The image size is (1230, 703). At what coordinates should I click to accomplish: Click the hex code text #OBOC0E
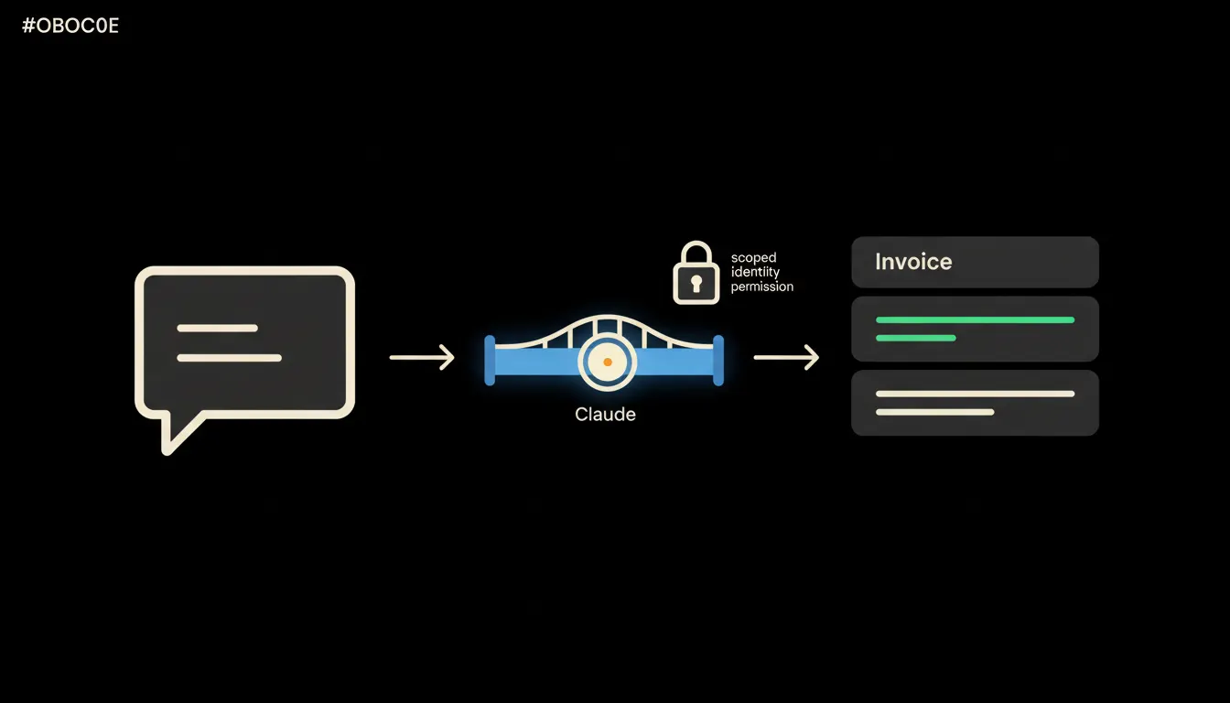pos(70,26)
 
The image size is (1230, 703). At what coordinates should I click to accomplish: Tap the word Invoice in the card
pos(913,262)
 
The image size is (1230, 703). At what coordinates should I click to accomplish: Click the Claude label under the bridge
pos(605,414)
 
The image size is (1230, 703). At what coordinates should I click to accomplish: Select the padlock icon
pos(696,273)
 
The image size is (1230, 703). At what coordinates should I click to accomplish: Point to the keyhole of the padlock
pos(696,284)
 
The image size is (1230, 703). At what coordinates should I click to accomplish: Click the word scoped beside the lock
pos(753,258)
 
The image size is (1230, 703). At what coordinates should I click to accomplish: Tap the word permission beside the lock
pos(761,287)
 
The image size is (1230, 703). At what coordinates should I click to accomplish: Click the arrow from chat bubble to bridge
pos(422,357)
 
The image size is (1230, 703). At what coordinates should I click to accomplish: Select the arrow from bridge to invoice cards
pos(786,357)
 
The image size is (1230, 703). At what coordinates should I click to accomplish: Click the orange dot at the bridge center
pos(608,362)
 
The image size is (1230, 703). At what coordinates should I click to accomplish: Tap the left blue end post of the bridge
pos(490,361)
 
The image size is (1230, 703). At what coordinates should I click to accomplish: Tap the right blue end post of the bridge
pos(718,361)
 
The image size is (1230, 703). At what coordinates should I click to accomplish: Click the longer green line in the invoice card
pos(976,320)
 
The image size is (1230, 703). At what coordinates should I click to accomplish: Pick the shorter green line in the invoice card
pos(916,339)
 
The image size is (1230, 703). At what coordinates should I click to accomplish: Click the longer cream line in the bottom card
pos(976,394)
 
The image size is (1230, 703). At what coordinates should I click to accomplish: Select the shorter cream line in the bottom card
pos(935,412)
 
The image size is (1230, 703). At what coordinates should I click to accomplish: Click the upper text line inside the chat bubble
pos(218,329)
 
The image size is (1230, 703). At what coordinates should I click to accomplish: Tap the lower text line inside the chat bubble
pos(230,358)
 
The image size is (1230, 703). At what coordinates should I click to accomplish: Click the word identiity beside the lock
pos(755,273)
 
